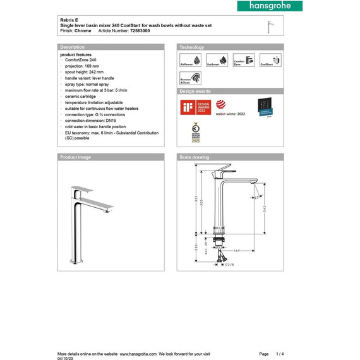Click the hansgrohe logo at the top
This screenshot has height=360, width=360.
pyautogui.click(x=265, y=6)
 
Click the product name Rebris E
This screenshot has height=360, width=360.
pyautogui.click(x=69, y=20)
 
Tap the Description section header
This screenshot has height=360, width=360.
pyautogui.click(x=72, y=47)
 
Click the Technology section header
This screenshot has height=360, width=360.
pyautogui.click(x=192, y=47)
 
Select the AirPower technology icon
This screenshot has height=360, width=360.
pyautogui.click(x=187, y=60)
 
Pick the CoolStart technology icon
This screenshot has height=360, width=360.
pyautogui.click(x=270, y=60)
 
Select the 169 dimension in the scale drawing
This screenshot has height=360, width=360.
pyautogui.click(x=235, y=250)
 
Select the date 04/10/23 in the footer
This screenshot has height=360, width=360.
pyautogui.click(x=66, y=357)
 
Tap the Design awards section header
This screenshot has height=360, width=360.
pyautogui.click(x=196, y=92)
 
